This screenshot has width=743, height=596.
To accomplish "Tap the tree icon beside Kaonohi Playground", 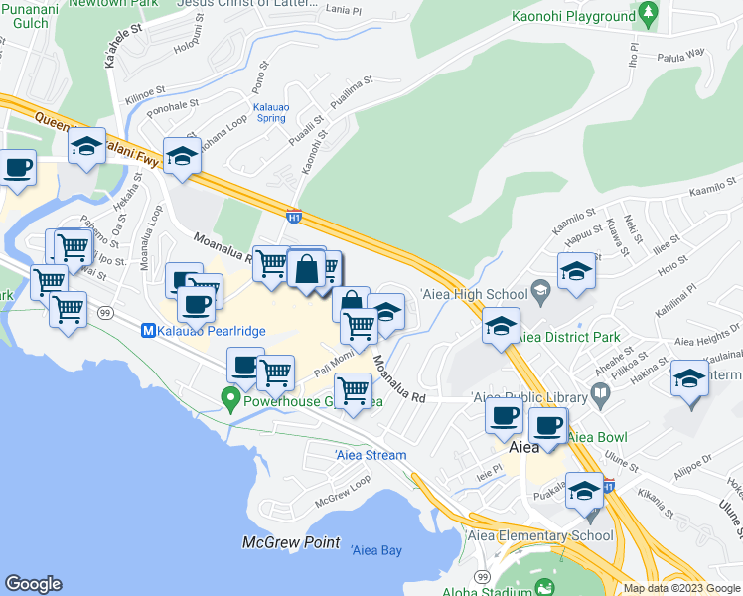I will [650, 14].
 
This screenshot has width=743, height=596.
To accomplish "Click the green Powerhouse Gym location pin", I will [230, 401].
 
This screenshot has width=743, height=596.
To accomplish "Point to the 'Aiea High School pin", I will [540, 293].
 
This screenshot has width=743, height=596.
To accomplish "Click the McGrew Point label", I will [291, 543].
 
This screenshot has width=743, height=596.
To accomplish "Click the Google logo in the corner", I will [33, 584].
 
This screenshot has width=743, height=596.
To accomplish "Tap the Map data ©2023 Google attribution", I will [681, 588].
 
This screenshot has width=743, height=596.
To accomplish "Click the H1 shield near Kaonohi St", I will [293, 214].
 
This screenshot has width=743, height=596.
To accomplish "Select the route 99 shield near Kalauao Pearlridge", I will [104, 313].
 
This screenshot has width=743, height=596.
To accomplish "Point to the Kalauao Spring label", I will [270, 111].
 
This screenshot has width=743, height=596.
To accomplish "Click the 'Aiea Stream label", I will [371, 455].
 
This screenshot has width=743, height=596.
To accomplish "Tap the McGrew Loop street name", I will [343, 489].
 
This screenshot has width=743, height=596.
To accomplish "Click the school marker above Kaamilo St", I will [575, 271].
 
